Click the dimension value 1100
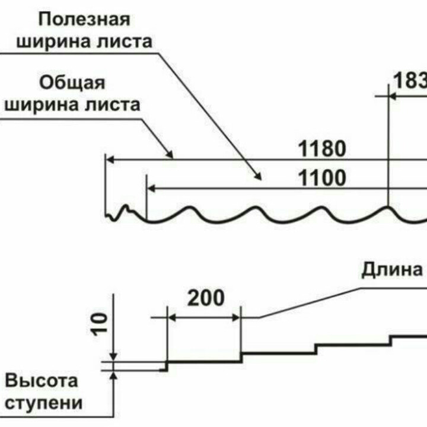pos(321,177)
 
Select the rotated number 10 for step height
pos(101,323)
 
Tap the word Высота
pos(42,380)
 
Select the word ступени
pos(43,403)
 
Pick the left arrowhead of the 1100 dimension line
pos(151,189)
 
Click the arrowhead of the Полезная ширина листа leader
pos(257,176)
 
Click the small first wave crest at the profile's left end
pos(125,208)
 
